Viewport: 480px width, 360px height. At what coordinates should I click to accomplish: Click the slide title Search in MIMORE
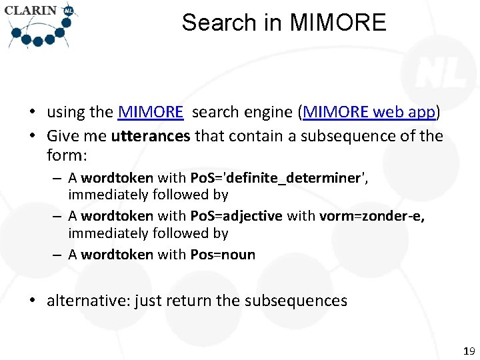283,23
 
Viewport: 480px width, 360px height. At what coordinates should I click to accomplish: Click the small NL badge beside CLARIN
68,11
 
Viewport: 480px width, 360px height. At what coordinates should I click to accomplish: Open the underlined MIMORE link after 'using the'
150,112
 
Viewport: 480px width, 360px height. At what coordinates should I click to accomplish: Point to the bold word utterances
151,136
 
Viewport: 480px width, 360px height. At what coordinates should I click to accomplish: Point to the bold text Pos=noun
223,255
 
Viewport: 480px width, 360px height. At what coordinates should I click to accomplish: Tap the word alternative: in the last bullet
88,301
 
